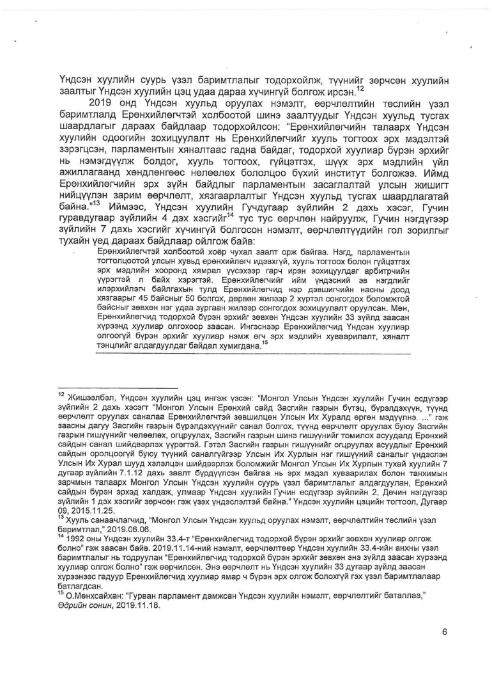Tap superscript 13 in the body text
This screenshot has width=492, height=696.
click(95, 186)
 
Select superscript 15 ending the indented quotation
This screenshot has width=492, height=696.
click(264, 342)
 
